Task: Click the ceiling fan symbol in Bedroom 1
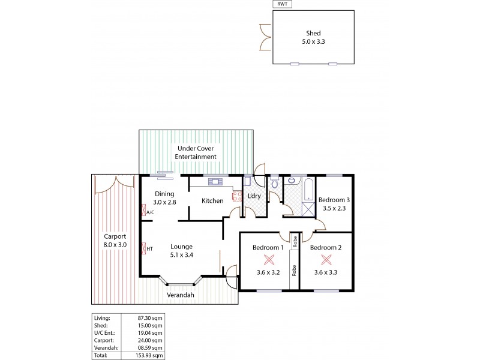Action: [x=268, y=260]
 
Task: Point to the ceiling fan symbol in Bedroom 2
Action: [x=326, y=260]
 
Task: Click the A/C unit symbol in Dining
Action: [x=143, y=211]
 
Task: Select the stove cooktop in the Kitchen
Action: [x=228, y=195]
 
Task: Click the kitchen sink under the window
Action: [x=214, y=181]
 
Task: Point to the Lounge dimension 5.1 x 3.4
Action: [x=181, y=255]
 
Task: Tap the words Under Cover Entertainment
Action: [x=195, y=152]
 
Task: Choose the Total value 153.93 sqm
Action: [x=149, y=355]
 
